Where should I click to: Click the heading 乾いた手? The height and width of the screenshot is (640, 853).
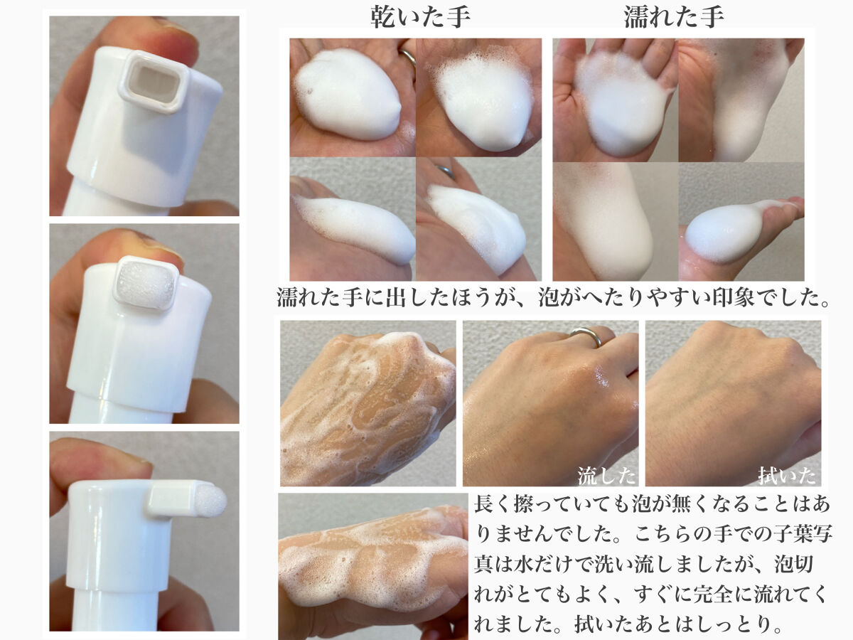click(419, 16)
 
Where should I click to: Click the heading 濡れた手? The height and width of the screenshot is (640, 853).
click(674, 16)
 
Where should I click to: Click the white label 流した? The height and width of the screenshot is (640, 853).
click(606, 475)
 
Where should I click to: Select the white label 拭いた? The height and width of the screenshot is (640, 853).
click(787, 475)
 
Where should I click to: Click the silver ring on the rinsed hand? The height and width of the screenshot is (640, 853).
click(587, 336)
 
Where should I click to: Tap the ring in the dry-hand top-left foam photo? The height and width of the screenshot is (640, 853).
click(408, 58)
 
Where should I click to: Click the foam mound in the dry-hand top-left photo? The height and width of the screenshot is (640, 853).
click(347, 95)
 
